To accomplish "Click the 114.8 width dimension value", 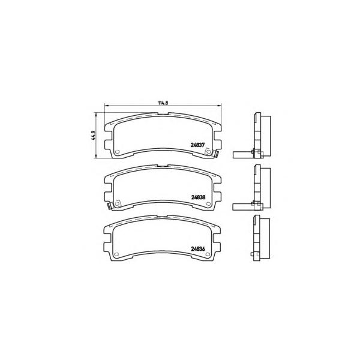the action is pyautogui.click(x=163, y=103).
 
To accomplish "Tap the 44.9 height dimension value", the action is pyautogui.click(x=93, y=136).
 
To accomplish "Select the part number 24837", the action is pyautogui.click(x=197, y=145).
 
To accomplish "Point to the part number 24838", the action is pyautogui.click(x=198, y=197).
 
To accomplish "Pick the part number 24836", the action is pyautogui.click(x=197, y=248).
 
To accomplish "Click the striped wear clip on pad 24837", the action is pyautogui.click(x=215, y=154).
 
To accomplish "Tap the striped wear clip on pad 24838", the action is pyautogui.click(x=110, y=206).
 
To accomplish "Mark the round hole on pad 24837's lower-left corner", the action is pyautogui.click(x=116, y=152).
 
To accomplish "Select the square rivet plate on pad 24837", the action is pyautogui.click(x=208, y=152).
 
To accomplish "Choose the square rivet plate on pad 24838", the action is pyautogui.click(x=118, y=203).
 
